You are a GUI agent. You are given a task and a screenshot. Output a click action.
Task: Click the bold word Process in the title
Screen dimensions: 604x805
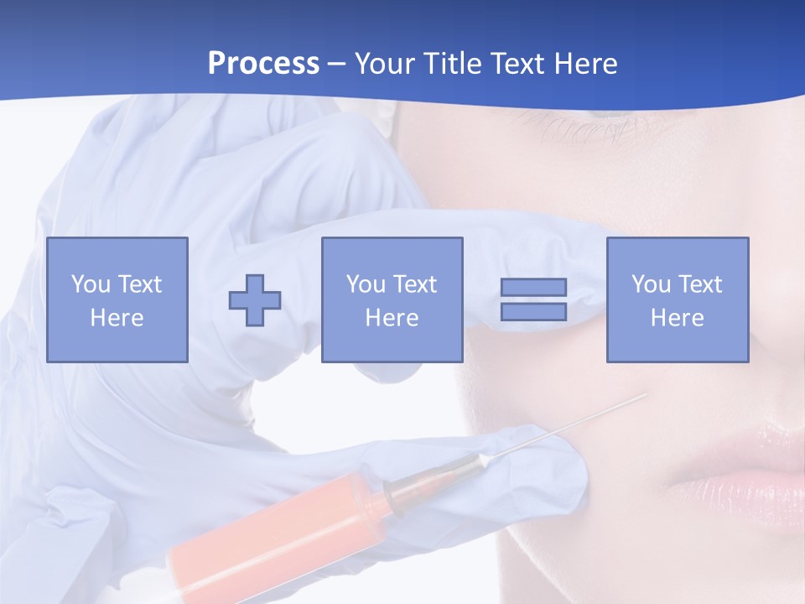(x=263, y=64)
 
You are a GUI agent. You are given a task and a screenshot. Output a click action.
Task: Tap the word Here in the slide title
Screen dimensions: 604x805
(x=584, y=64)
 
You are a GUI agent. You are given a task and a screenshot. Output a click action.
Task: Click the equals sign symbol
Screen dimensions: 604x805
(x=533, y=299)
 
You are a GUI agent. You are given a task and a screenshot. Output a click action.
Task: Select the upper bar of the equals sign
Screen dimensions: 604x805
(x=533, y=288)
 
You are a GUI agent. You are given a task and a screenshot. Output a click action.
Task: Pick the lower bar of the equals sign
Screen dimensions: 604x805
(x=533, y=312)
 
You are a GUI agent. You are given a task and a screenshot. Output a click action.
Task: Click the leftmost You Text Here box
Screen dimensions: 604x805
(x=117, y=299)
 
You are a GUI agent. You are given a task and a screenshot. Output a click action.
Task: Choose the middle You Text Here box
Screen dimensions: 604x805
(x=392, y=299)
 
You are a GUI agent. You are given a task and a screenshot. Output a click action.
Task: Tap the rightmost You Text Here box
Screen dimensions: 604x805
(x=677, y=299)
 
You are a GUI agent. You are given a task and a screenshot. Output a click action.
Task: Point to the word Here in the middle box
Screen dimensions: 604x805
(x=392, y=318)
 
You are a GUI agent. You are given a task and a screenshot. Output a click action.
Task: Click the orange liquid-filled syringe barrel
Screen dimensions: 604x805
(x=277, y=528)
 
